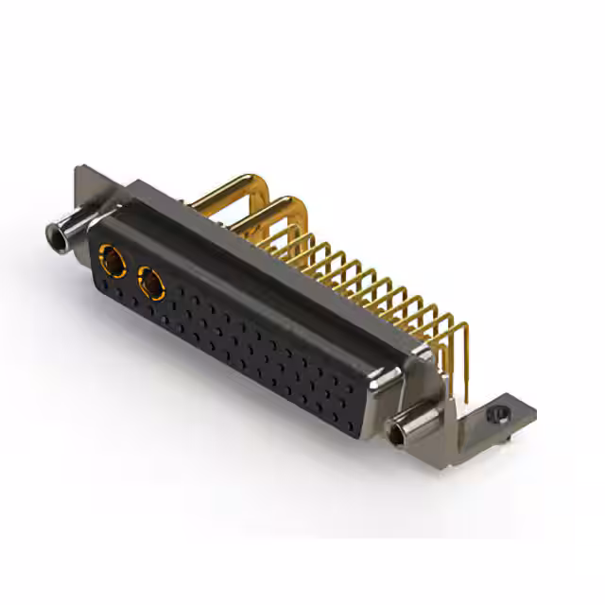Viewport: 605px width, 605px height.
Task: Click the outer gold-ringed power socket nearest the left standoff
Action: tap(112, 257)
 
